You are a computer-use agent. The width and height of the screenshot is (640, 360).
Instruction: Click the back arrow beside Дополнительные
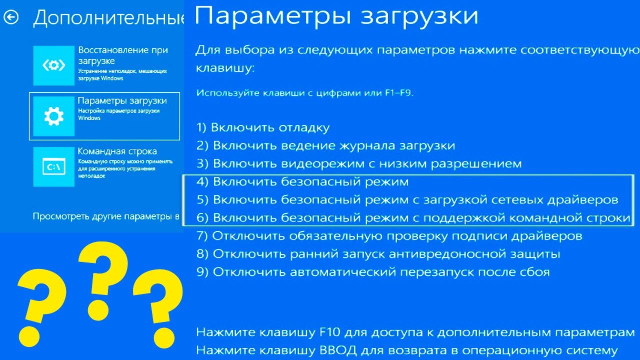click(x=11, y=17)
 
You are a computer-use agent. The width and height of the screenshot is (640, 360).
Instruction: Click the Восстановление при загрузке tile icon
click(x=53, y=65)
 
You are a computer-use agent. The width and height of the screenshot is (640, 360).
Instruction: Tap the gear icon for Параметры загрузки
click(x=53, y=116)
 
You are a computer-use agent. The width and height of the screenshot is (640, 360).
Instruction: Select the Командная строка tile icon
click(x=53, y=166)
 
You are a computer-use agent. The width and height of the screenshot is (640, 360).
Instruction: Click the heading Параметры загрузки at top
click(x=336, y=15)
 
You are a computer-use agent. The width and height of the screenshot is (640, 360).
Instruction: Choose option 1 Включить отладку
click(x=263, y=127)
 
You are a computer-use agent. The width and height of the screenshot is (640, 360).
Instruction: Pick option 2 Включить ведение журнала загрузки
click(x=325, y=145)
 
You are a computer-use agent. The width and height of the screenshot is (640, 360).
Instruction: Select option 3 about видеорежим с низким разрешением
click(x=359, y=163)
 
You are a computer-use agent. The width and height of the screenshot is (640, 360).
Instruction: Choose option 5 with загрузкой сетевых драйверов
click(x=407, y=199)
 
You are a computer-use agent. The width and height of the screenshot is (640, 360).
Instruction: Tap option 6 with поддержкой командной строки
click(x=413, y=218)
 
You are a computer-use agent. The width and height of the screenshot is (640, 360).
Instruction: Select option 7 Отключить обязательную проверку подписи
click(x=389, y=235)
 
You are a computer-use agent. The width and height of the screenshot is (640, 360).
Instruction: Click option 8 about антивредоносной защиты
click(x=378, y=254)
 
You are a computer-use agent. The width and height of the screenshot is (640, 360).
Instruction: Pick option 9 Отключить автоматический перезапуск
click(x=373, y=272)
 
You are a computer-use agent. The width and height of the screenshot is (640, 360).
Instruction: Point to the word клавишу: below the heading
click(x=225, y=68)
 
